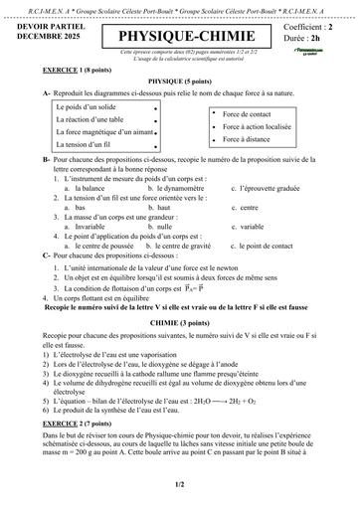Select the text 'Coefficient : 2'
309,27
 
